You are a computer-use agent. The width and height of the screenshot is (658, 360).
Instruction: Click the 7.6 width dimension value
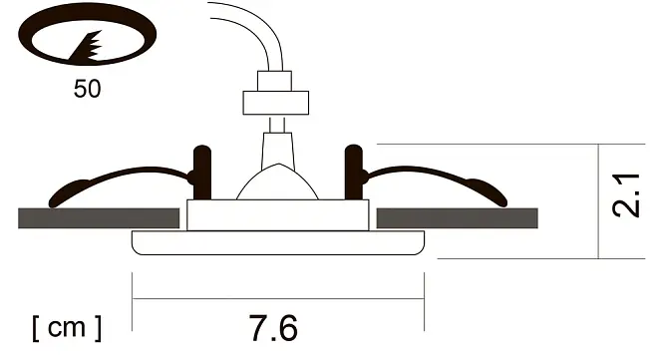point(273,328)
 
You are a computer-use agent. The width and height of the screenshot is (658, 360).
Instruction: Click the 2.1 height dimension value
point(626,195)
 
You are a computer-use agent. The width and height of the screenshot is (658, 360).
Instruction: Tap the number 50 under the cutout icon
point(88,89)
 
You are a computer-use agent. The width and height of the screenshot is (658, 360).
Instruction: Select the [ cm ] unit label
point(67,328)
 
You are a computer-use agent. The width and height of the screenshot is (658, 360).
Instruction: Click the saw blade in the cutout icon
point(88,48)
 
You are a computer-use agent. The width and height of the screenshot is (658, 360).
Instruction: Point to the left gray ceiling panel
point(99,218)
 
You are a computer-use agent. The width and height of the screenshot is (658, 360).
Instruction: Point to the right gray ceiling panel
point(457,218)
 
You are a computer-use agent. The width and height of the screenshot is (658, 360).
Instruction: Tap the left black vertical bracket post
point(202,173)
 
